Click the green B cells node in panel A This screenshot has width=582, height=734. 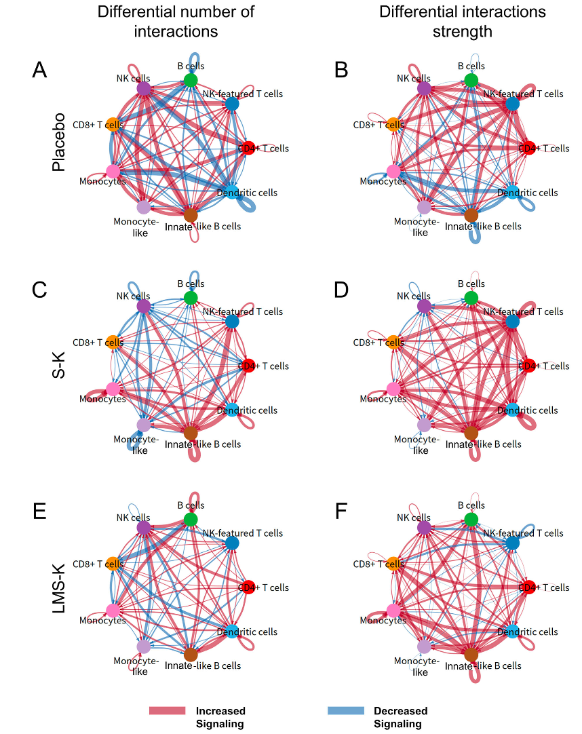click(191, 80)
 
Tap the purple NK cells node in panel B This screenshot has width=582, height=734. click(424, 88)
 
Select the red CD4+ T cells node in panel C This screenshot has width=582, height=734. click(248, 365)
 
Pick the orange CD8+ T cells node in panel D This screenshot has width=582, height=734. click(393, 342)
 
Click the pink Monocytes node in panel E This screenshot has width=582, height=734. click(113, 611)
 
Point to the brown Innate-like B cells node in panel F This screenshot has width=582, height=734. click(471, 654)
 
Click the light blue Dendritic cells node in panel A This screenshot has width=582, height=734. click(231, 191)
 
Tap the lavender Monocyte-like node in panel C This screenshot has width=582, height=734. click(143, 425)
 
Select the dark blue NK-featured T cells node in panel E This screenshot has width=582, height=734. click(232, 543)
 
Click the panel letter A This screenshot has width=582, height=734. click(39, 70)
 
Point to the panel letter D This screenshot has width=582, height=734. click(341, 290)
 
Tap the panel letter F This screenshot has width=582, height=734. click(341, 511)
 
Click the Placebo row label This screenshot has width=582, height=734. click(58, 147)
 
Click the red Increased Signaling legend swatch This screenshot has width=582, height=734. click(167, 710)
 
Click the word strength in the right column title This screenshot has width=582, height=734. click(463, 31)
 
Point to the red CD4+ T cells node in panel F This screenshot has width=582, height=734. click(528, 587)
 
